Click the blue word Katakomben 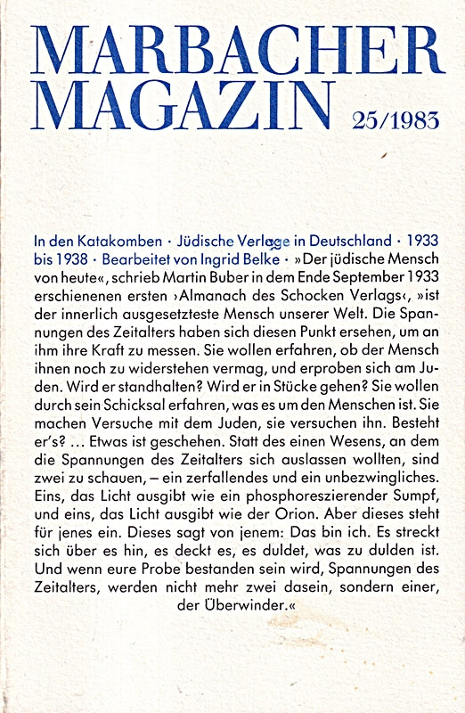[x=113, y=242]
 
